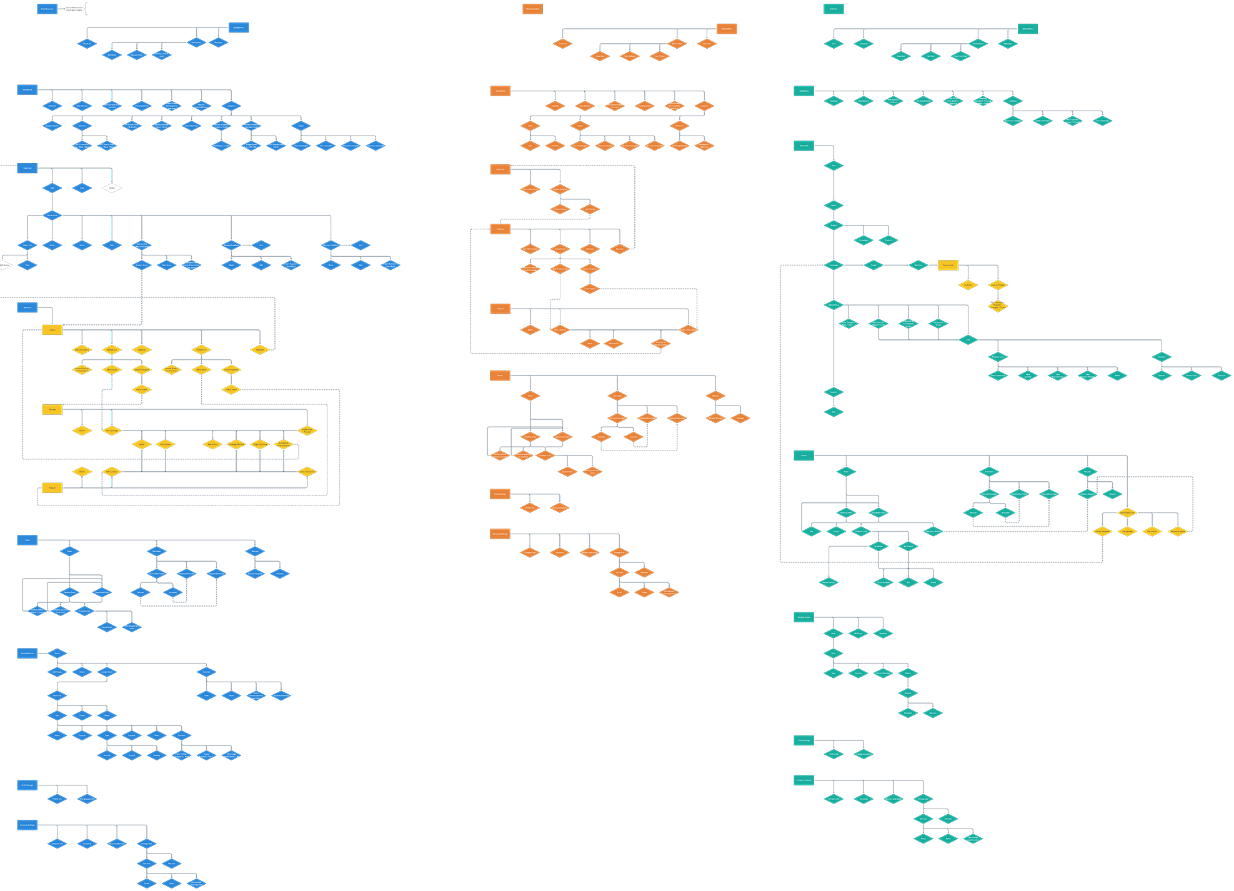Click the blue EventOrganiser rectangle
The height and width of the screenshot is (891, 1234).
click(x=47, y=9)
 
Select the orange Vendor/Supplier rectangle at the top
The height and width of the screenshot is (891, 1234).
click(x=532, y=9)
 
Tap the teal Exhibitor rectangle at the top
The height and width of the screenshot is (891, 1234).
click(x=833, y=9)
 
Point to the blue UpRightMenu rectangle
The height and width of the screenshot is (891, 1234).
click(x=239, y=27)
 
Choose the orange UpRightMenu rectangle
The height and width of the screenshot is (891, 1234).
click(x=727, y=29)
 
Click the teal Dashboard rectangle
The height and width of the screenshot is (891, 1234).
click(x=804, y=91)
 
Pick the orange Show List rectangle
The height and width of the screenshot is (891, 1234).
click(x=500, y=169)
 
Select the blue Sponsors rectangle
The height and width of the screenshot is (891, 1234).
click(x=27, y=307)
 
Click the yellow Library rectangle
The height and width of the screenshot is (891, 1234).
click(x=52, y=330)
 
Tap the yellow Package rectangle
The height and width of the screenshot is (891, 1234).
click(x=52, y=409)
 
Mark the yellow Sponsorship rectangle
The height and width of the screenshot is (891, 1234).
click(x=947, y=265)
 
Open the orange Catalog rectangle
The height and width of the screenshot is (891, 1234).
click(x=500, y=229)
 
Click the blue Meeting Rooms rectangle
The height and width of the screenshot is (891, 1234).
click(x=27, y=653)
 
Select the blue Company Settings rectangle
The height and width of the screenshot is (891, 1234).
click(x=27, y=825)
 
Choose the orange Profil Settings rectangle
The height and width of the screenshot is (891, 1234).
click(x=500, y=494)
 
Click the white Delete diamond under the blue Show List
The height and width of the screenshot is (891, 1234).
click(x=112, y=188)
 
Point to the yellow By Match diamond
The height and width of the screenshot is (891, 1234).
click(x=968, y=285)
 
